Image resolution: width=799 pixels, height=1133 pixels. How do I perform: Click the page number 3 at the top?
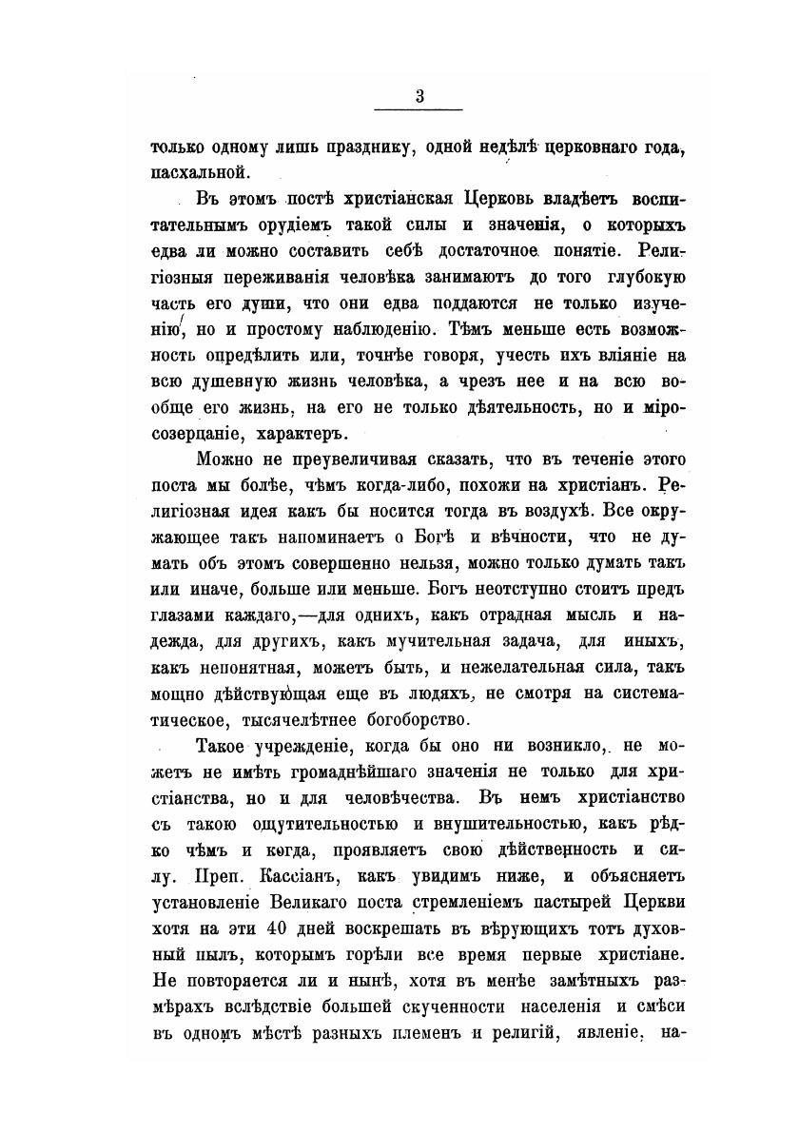tap(419, 95)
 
